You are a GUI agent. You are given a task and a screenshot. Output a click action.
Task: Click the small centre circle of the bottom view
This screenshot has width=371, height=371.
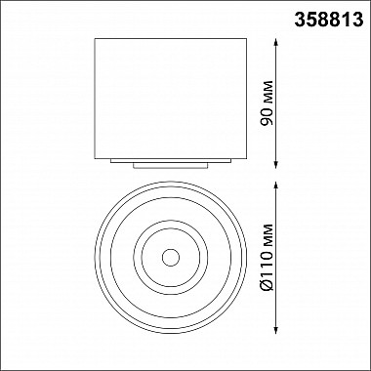click(171, 258)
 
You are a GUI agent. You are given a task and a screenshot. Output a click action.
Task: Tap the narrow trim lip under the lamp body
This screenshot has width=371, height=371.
click(171, 163)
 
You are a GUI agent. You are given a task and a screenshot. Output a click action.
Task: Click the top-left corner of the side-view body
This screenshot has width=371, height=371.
click(97, 39)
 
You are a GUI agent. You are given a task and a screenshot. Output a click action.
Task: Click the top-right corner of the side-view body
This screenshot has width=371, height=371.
click(246, 39)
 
